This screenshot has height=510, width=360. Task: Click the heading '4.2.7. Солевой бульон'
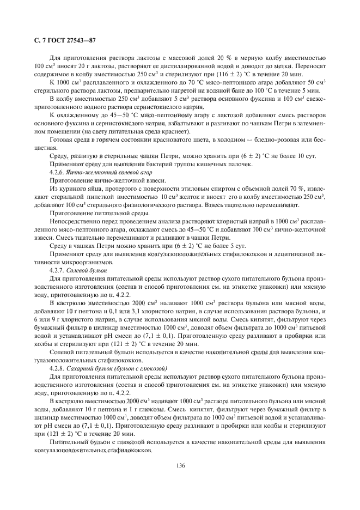pos(77,270)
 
